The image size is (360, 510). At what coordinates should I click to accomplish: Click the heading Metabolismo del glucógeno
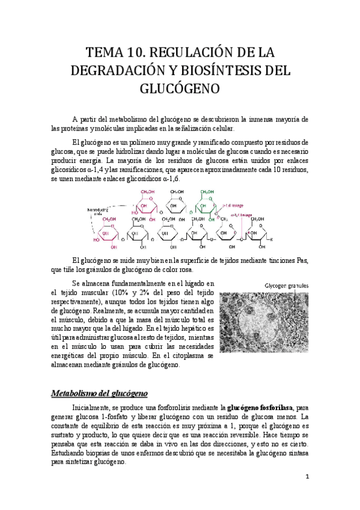(x=99, y=393)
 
